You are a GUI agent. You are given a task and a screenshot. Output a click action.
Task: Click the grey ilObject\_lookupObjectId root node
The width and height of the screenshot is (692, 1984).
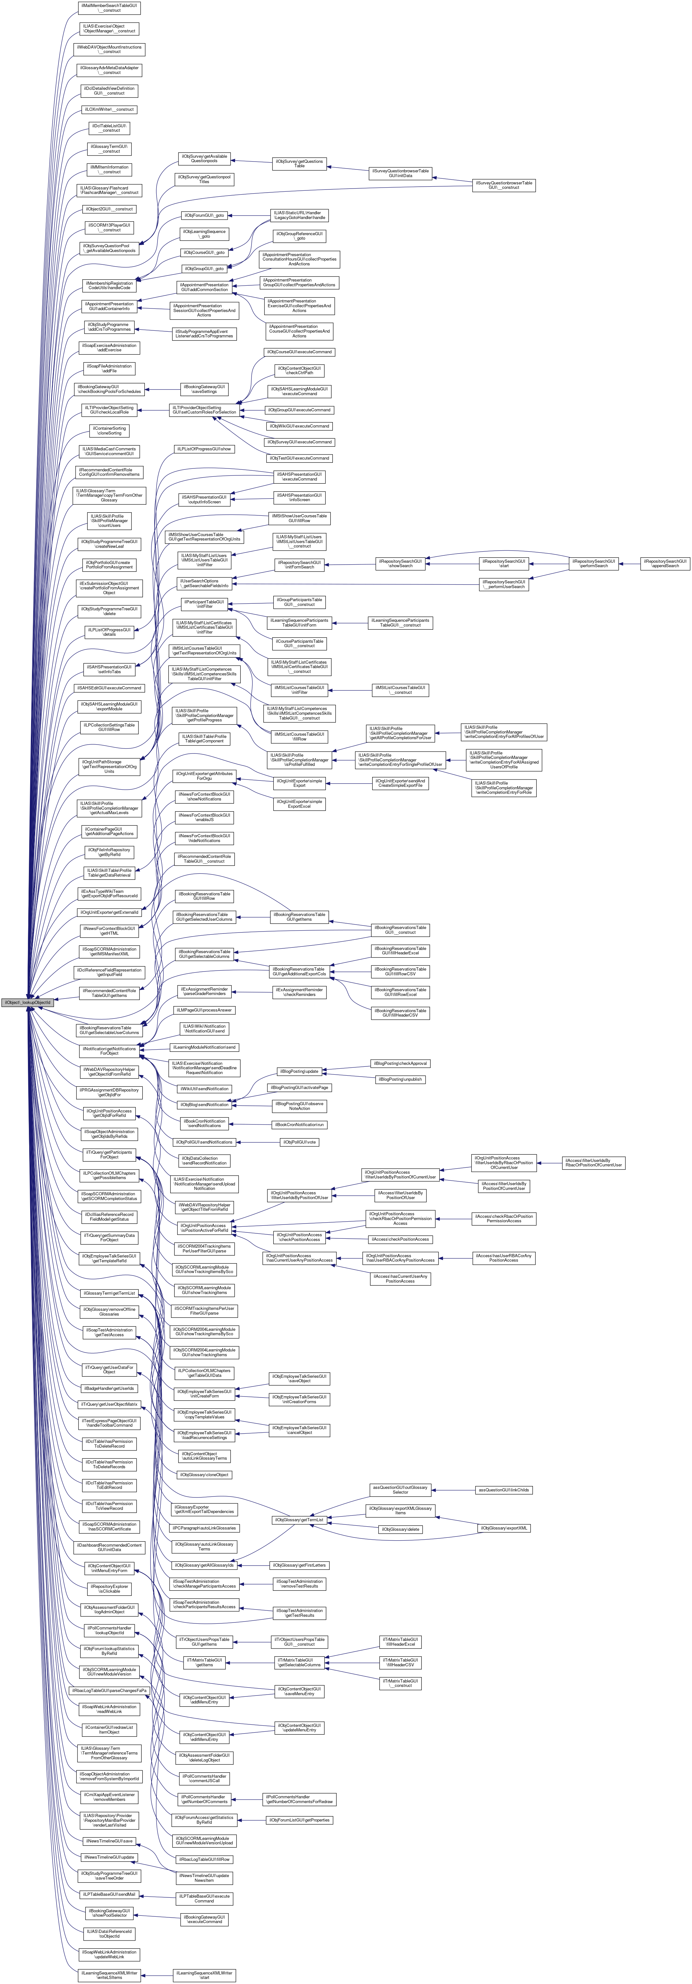click(27, 1002)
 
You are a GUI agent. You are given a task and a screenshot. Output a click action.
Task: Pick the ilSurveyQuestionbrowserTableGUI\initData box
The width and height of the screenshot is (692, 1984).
click(400, 173)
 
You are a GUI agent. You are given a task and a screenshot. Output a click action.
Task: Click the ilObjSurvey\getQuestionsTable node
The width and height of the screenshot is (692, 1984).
click(299, 163)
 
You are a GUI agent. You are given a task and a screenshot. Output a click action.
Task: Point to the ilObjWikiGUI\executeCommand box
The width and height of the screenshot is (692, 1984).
click(299, 426)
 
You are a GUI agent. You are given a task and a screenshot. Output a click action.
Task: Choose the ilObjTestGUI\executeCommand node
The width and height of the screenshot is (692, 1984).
click(299, 458)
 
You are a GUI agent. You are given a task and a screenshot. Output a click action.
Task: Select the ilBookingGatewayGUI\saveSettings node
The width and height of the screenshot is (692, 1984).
click(204, 389)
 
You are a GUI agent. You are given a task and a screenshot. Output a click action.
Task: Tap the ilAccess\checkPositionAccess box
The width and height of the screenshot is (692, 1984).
click(400, 1239)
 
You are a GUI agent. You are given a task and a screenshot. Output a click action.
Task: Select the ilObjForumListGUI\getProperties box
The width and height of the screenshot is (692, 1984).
click(299, 1820)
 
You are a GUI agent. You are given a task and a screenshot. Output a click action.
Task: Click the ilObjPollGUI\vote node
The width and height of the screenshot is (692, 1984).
click(299, 1142)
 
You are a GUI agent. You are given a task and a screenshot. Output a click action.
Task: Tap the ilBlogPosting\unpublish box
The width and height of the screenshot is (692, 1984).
click(400, 1080)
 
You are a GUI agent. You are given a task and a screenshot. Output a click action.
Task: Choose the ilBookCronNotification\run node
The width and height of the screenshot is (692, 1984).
click(299, 1125)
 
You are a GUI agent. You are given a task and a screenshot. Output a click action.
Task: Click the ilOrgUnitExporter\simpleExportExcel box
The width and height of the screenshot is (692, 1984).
click(299, 804)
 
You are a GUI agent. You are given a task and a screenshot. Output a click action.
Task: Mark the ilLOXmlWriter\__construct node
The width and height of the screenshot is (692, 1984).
click(109, 109)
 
